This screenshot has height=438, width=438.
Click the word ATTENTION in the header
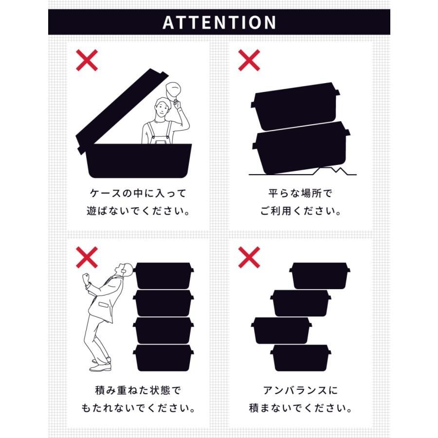(x=219, y=22)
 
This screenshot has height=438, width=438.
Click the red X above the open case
(x=87, y=60)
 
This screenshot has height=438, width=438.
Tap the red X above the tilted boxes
(x=249, y=60)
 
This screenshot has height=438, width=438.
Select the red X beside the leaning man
(x=87, y=257)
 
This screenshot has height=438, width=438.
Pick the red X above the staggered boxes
(x=249, y=257)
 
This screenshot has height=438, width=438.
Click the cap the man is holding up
(x=173, y=90)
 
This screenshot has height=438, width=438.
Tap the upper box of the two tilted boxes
(x=295, y=106)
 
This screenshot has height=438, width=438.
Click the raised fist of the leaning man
(x=86, y=278)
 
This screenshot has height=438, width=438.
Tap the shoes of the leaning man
(x=101, y=365)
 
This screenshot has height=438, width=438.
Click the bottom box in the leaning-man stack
(x=164, y=358)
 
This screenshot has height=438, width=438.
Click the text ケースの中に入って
(x=138, y=193)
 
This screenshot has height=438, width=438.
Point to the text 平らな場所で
(x=301, y=193)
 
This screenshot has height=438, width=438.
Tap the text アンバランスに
(x=301, y=390)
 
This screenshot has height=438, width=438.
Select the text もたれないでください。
(x=138, y=408)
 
